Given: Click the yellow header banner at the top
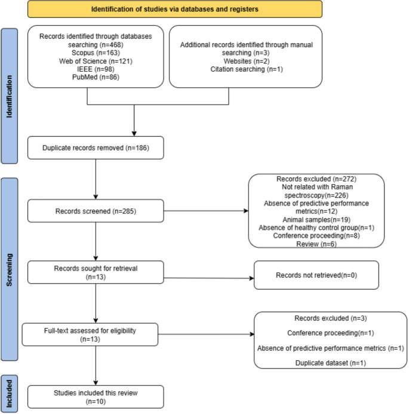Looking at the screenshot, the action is coord(175,9).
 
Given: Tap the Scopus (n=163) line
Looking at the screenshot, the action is coord(96,53).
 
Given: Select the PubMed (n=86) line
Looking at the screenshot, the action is coord(96,77).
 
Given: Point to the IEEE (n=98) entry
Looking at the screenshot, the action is coord(96,69).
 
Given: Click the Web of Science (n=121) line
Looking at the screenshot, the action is coord(96,61).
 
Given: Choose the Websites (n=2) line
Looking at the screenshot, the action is coord(247,61).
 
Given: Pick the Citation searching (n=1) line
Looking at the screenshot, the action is coord(247,69).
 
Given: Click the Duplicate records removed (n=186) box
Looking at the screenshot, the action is coord(96,148).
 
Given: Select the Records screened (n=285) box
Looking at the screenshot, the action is coord(96,211).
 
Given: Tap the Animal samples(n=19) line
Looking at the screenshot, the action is coord(316,220).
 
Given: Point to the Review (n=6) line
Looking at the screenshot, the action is coord(316,244).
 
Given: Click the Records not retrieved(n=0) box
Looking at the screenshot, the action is coord(316,275).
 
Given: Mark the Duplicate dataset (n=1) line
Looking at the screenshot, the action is coord(330,363).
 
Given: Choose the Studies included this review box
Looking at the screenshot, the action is coord(96,397).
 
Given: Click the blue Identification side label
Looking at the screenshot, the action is coord(10,96).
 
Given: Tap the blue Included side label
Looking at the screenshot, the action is coord(10,394).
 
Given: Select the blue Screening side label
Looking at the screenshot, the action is coord(10,269).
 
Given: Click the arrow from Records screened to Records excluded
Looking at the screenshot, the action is coord(206,211).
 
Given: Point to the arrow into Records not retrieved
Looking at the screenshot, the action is coord(209,278).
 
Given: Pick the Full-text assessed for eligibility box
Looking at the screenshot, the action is coord(90,335).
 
